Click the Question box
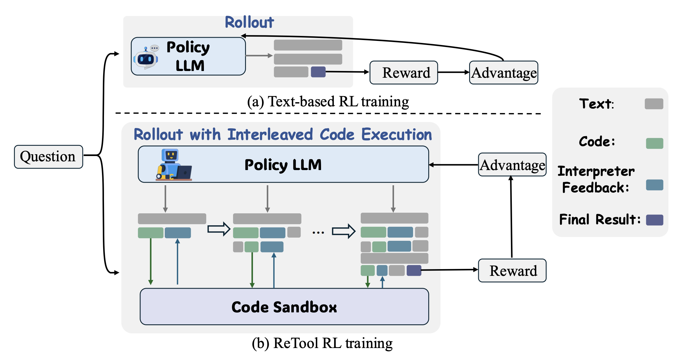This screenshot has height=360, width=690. (x=48, y=157)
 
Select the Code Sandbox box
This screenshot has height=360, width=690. (x=284, y=307)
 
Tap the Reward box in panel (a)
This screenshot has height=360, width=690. (x=404, y=72)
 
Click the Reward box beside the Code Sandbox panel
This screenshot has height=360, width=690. (x=512, y=271)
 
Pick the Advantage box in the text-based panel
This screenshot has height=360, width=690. (x=504, y=72)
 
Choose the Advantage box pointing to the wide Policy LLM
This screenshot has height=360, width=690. (x=512, y=165)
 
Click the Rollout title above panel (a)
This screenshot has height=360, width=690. (x=249, y=22)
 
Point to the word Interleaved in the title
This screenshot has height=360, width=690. (x=270, y=134)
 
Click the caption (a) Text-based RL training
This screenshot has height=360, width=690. (x=328, y=102)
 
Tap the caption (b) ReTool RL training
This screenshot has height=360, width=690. (x=322, y=343)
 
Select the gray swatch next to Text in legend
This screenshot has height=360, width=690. (x=654, y=104)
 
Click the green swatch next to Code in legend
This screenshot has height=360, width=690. (x=654, y=143)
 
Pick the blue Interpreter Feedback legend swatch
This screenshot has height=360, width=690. (x=654, y=185)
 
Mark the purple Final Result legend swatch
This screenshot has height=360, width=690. (x=654, y=220)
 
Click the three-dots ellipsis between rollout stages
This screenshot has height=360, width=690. (x=318, y=233)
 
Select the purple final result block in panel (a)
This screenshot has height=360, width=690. (x=318, y=72)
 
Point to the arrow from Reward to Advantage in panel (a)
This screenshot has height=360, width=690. (x=453, y=72)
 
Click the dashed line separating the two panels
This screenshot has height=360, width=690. (x=328, y=113)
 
